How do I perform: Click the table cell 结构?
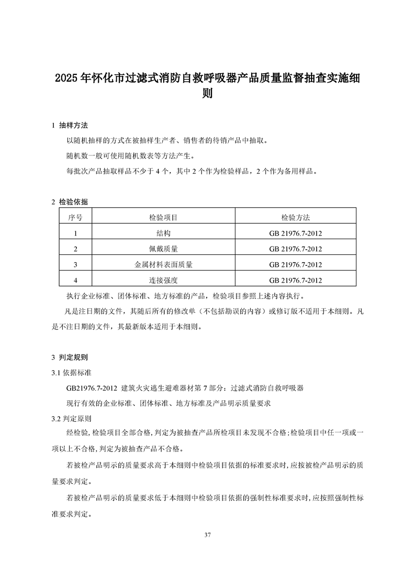(x=163, y=233)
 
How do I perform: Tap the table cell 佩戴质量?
(x=163, y=249)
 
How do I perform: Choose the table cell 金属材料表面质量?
(x=163, y=264)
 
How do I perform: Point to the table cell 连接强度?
(x=163, y=280)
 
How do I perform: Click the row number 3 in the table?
(x=76, y=264)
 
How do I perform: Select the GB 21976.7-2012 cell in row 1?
(x=295, y=233)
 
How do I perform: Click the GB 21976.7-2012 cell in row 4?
(x=295, y=280)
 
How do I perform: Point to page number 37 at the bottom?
(x=208, y=535)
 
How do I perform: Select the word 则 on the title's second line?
(x=208, y=96)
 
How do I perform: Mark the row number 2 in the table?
(x=76, y=249)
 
